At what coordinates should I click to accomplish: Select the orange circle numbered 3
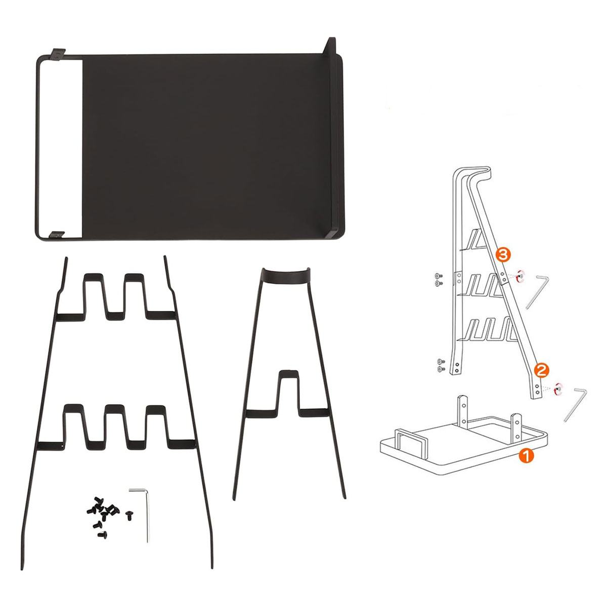pyautogui.click(x=503, y=255)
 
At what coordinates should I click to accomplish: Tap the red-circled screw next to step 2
pyautogui.click(x=558, y=390)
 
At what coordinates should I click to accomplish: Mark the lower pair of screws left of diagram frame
pyautogui.click(x=441, y=365)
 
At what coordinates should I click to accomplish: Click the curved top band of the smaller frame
pyautogui.click(x=287, y=275)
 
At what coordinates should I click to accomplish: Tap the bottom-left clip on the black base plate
pyautogui.click(x=57, y=235)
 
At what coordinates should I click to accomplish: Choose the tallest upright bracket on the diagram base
pyautogui.click(x=463, y=411)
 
